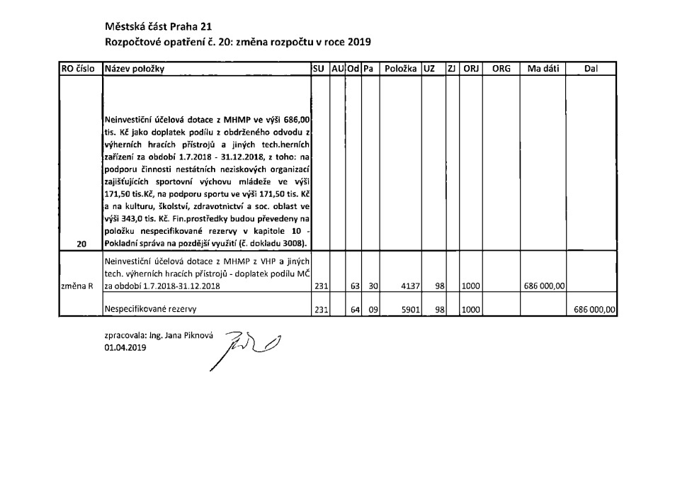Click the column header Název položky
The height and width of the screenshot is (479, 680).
tap(135, 69)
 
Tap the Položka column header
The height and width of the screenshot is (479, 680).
tap(399, 69)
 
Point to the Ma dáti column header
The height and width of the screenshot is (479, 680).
tap(544, 69)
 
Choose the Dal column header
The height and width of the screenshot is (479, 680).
tap(592, 69)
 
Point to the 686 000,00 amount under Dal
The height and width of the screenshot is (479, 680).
tap(594, 310)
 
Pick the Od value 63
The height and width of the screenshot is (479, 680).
tap(355, 286)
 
